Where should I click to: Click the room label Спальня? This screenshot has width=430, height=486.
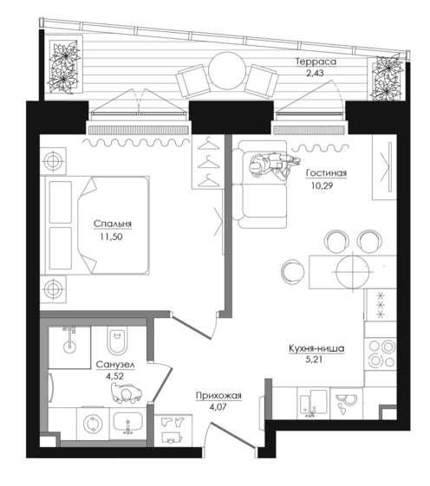(113, 224)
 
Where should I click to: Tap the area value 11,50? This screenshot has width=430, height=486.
(111, 237)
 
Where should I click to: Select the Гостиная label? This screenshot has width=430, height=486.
(326, 173)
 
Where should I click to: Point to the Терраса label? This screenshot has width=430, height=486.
(316, 62)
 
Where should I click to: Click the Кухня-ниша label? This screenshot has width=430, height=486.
(316, 348)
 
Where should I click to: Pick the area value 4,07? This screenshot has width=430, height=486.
(218, 406)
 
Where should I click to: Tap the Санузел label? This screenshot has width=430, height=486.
(115, 365)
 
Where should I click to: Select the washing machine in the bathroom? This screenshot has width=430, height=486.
(93, 424)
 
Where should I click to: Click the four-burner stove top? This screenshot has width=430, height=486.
(381, 353)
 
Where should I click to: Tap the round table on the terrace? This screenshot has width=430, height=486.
(227, 71)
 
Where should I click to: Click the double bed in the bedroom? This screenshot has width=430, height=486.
(97, 225)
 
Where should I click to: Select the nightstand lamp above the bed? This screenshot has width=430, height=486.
(54, 161)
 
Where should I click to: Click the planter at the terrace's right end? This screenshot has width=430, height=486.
(388, 77)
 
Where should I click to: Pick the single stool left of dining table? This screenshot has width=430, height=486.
(293, 271)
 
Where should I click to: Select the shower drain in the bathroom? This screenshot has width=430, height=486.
(69, 347)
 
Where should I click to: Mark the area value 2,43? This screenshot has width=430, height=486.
(315, 74)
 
